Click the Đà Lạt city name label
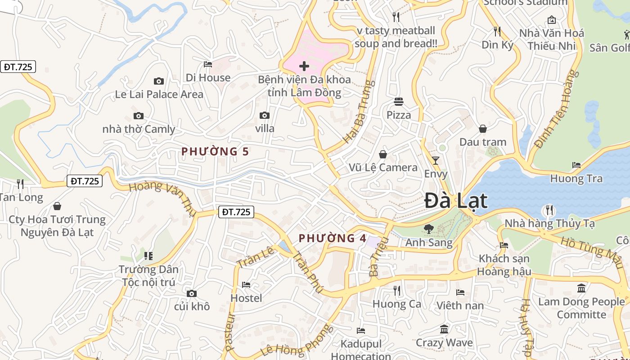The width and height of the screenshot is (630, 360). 456,201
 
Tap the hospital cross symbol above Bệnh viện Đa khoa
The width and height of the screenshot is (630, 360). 304,67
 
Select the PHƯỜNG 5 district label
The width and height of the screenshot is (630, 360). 215,152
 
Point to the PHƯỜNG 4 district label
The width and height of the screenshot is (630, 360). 333,238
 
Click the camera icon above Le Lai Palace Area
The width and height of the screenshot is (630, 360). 158,81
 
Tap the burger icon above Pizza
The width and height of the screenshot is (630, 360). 399,102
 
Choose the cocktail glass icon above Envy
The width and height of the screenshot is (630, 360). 435,161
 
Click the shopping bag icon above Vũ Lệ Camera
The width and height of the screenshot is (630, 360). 383,154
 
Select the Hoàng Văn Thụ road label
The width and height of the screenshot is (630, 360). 160,195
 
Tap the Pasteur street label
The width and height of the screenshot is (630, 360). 230,331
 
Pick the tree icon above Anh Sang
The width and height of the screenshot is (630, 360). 428,229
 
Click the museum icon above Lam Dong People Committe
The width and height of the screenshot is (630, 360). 581,288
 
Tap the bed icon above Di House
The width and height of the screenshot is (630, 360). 208,64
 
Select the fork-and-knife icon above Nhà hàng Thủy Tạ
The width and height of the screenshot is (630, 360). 549,210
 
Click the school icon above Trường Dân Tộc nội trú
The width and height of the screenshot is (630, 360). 148,256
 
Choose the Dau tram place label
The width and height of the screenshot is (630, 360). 482,142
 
